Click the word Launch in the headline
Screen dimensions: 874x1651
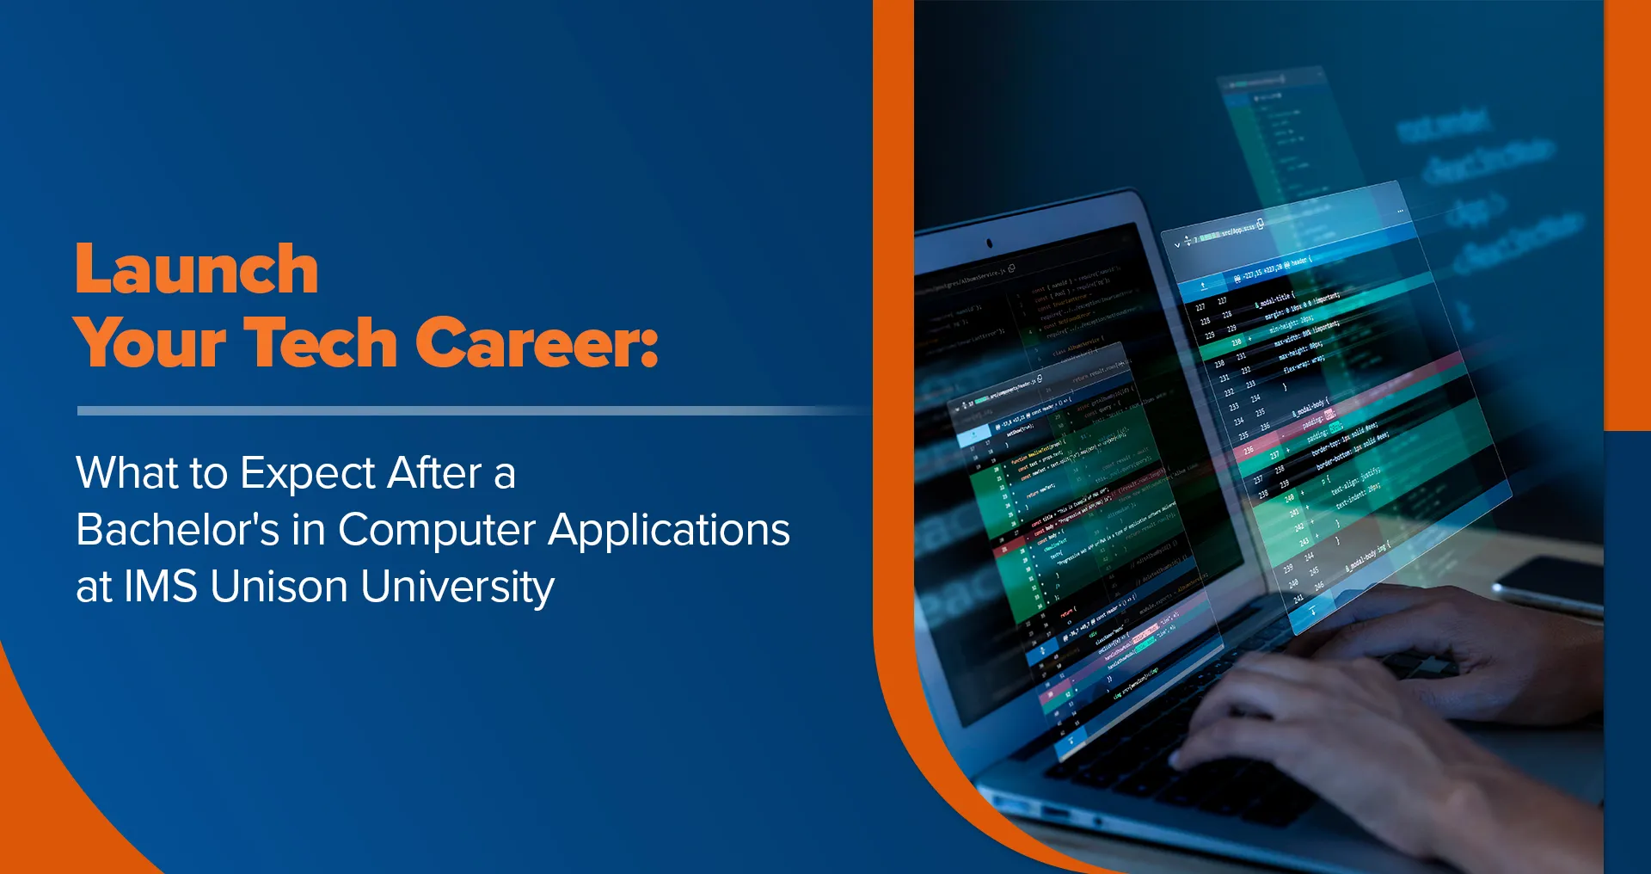[x=197, y=269]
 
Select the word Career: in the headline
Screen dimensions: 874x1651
[x=537, y=342]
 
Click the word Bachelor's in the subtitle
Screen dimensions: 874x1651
[x=177, y=530]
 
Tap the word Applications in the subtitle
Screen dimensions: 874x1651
[x=669, y=531]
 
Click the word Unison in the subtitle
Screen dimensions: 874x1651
[x=279, y=587]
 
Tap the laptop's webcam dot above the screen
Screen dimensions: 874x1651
[x=989, y=243]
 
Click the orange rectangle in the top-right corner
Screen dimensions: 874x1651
[x=1627, y=215]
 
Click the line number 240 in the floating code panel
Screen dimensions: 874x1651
[x=1289, y=498]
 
